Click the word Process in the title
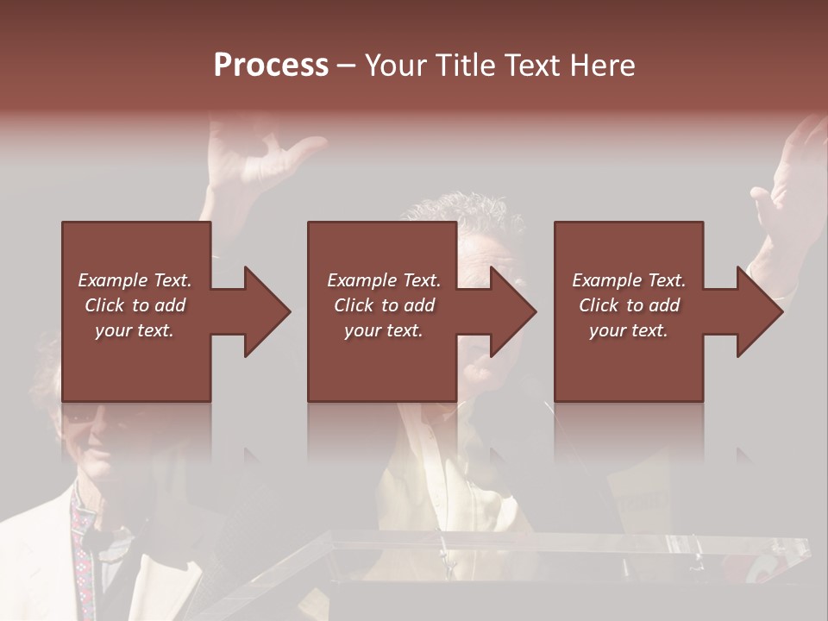(271, 66)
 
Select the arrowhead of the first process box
(264, 311)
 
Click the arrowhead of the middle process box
(511, 311)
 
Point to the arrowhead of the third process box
(757, 311)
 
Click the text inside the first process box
(135, 305)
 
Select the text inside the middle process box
(384, 305)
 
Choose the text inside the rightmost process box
(629, 305)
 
